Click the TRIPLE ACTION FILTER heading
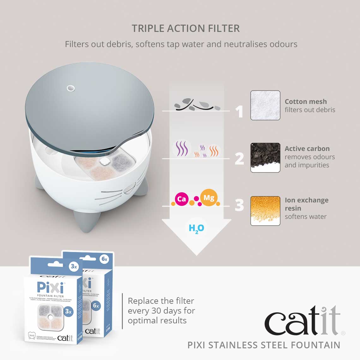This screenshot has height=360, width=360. (186, 28)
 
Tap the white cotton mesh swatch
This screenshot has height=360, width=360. (265, 105)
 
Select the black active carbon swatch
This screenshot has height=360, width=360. (265, 157)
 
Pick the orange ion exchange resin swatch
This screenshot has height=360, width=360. (265, 211)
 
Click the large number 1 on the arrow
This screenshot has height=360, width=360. (240, 112)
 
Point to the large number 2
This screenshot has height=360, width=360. (239, 159)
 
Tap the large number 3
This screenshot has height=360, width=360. (239, 205)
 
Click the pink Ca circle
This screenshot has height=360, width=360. (182, 199)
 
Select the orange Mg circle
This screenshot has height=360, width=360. (209, 198)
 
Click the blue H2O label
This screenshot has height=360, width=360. (196, 228)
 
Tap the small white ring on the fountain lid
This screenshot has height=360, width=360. (71, 88)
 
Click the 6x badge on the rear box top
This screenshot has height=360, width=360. (104, 259)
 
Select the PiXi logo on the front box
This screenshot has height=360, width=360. (50, 287)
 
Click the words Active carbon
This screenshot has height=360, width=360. (307, 148)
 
